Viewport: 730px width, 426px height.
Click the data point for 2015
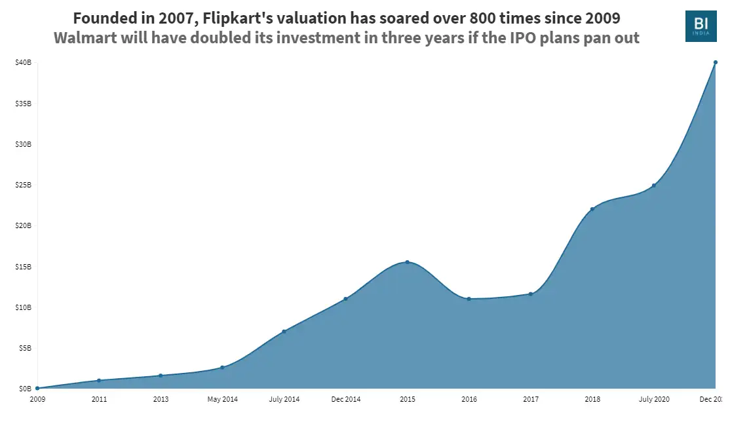tap(407, 262)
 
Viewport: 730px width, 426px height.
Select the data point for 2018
tap(592, 209)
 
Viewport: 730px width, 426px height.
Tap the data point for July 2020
tap(654, 185)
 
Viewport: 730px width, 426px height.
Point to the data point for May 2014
tap(222, 367)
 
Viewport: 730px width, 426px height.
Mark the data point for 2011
tap(99, 380)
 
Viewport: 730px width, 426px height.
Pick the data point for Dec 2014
tap(345, 299)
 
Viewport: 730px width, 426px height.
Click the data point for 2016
tap(469, 299)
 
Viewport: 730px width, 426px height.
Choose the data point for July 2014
tap(284, 332)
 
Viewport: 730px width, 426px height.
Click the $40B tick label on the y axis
tap(24, 63)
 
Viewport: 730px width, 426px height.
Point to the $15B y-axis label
tap(24, 267)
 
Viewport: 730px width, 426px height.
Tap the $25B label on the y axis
tap(24, 185)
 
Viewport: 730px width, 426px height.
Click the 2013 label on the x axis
tap(161, 398)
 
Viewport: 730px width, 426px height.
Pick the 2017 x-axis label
tap(530, 398)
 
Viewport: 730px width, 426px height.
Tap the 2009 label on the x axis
tap(37, 398)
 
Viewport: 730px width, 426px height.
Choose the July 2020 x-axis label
tap(653, 398)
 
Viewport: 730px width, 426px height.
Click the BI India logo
tap(701, 26)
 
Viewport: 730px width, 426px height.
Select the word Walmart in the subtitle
tap(86, 37)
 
